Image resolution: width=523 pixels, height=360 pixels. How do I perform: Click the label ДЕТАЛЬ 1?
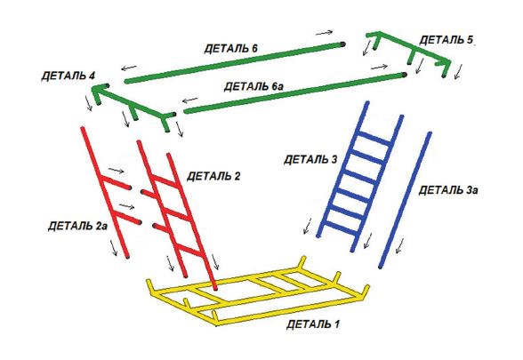[x=313, y=324]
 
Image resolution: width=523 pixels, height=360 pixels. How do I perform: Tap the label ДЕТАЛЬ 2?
[x=213, y=176]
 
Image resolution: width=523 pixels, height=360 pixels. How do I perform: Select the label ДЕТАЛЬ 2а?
[x=77, y=226]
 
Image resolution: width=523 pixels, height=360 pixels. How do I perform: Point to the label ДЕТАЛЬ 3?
[x=310, y=159]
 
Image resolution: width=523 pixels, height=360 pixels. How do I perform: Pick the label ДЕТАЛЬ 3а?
[x=448, y=190]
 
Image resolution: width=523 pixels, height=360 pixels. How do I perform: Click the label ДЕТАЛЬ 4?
[x=68, y=76]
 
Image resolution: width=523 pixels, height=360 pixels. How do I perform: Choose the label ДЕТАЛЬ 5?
[x=447, y=40]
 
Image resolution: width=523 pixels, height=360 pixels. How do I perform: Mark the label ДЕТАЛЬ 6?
[x=231, y=49]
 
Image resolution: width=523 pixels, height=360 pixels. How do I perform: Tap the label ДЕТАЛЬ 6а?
[x=253, y=87]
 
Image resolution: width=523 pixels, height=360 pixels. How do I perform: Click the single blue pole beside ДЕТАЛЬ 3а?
[x=405, y=200]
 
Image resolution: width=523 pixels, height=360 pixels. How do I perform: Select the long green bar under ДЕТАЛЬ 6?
[x=235, y=62]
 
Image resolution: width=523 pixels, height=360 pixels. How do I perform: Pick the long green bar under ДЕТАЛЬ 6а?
[x=295, y=93]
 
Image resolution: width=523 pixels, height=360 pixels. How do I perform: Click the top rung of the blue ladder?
[x=374, y=139]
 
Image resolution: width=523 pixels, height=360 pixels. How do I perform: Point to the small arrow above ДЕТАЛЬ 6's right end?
[x=324, y=33]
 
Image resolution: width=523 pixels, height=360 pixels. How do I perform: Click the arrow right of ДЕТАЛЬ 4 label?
[x=129, y=68]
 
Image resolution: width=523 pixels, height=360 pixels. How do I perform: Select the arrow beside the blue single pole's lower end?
[x=399, y=246]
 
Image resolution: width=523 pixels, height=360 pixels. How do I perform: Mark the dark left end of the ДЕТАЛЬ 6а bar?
[x=185, y=111]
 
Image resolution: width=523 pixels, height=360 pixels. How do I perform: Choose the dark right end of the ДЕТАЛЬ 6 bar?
[x=343, y=44]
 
